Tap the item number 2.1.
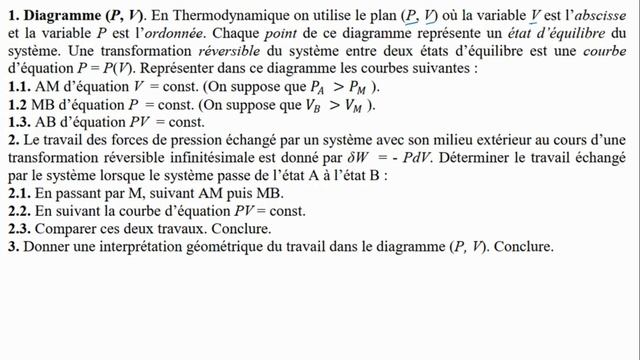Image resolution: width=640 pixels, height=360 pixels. tap(17, 193)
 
